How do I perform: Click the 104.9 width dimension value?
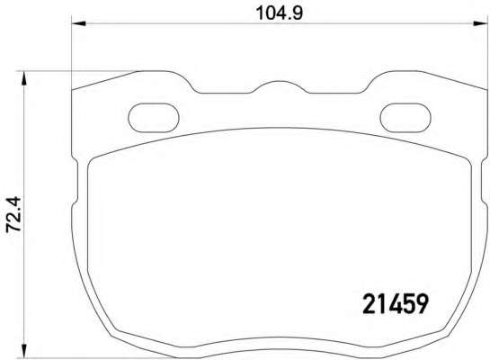(x=280, y=13)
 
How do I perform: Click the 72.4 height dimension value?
(x=13, y=214)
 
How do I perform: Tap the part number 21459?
(x=395, y=304)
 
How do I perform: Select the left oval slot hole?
(x=154, y=117)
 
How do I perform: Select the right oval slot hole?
(x=405, y=117)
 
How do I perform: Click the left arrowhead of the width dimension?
(x=79, y=23)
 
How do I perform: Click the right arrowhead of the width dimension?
(x=480, y=23)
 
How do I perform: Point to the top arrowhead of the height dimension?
(x=23, y=78)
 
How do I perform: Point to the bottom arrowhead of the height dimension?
(x=23, y=351)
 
